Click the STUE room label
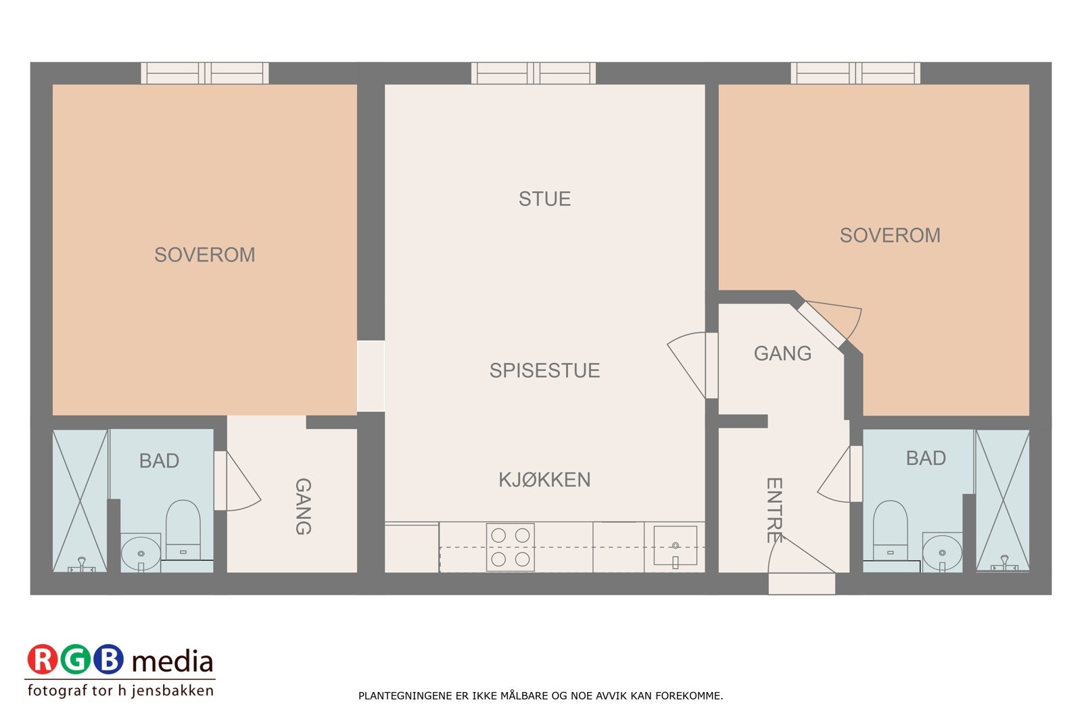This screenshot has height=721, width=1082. (x=544, y=199)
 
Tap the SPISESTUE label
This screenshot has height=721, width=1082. (x=544, y=370)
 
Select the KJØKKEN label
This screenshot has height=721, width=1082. (x=544, y=480)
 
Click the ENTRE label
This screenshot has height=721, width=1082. (x=774, y=510)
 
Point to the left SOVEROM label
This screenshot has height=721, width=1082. (x=204, y=255)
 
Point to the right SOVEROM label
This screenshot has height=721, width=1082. (x=890, y=235)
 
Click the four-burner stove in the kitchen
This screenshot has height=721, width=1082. (x=511, y=547)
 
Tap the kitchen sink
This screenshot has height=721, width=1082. (x=675, y=546)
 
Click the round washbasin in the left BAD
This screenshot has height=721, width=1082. (x=141, y=554)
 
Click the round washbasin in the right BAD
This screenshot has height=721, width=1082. (x=942, y=553)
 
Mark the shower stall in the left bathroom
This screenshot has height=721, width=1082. (x=80, y=501)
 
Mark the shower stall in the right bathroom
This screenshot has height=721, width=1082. (x=1002, y=501)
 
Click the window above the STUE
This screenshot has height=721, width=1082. (x=534, y=73)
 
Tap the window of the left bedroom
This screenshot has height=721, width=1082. (x=204, y=73)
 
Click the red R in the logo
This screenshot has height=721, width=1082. (x=43, y=660)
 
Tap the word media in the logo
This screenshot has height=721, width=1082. (x=172, y=661)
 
